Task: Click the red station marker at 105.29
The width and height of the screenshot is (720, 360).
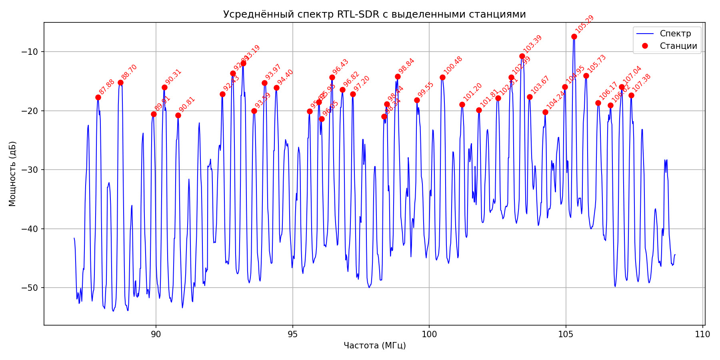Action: coord(574,36)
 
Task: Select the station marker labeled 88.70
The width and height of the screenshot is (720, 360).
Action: coord(120,82)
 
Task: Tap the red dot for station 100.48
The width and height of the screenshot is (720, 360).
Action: coord(442,77)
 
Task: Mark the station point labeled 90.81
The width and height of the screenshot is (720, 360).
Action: coord(178,115)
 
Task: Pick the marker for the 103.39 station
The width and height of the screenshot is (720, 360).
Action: coord(522,56)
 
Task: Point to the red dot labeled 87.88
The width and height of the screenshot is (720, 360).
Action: coord(98,97)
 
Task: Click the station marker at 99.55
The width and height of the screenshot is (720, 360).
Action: coord(417,100)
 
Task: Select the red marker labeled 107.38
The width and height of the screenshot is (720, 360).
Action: coord(631,95)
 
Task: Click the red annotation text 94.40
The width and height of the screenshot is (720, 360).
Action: coord(285,77)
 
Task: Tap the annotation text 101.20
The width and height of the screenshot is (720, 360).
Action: coord(472,92)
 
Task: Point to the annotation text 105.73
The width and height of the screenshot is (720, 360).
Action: coord(596,63)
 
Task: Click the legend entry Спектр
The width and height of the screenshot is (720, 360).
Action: coord(675,34)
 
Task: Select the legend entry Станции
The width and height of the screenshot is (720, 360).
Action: coord(678,46)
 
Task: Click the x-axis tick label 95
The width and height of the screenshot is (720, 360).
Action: coord(292,334)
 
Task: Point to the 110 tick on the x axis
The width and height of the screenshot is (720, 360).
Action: coord(702,334)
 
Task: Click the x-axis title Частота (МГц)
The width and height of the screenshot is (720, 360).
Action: coord(374,345)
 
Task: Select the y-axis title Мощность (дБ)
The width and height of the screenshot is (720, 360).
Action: coord(12,174)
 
